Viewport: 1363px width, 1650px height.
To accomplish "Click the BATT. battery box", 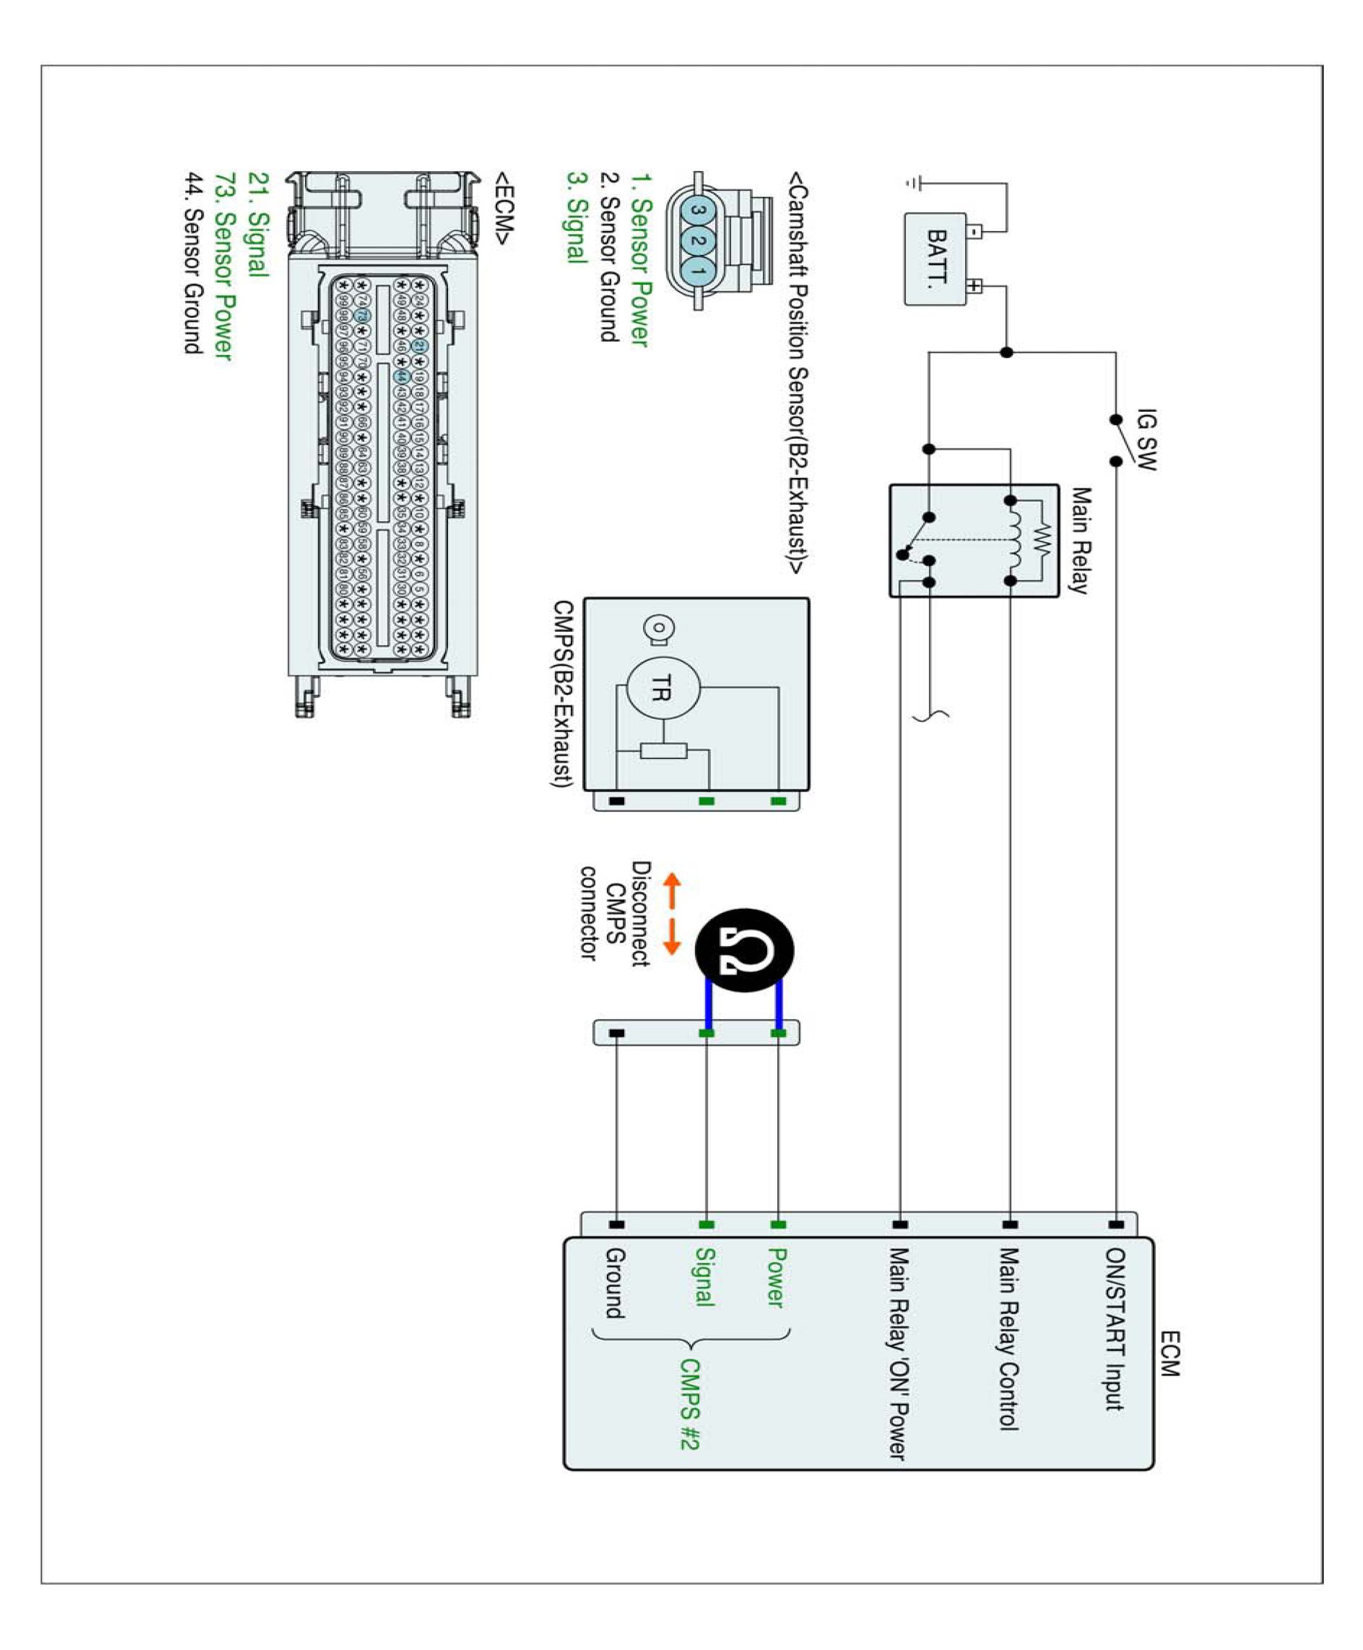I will [935, 258].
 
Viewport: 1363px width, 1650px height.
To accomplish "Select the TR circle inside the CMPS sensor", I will [663, 688].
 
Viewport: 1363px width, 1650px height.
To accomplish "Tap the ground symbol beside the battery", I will [913, 183].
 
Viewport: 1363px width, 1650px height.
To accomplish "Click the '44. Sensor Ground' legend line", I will [194, 263].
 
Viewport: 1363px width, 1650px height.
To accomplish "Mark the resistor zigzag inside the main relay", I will [1041, 539].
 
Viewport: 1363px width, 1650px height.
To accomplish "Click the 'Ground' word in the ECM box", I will [615, 1283].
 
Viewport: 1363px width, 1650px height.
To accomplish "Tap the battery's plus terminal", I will [974, 286].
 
